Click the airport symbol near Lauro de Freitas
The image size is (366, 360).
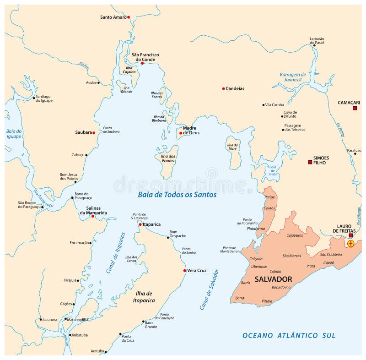[x=351, y=244]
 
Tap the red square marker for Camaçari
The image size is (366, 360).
[x=355, y=108]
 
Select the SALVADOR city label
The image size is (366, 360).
[x=273, y=279]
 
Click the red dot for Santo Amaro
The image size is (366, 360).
[x=129, y=17]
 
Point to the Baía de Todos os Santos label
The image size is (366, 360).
[x=177, y=195]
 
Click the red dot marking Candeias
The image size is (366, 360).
[x=223, y=88]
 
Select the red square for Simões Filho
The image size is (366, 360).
[x=310, y=162]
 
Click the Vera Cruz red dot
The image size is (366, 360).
[x=184, y=271]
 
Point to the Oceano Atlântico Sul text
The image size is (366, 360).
[x=289, y=336]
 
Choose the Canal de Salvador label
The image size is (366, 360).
[x=209, y=289]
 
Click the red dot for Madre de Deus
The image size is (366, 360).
[x=181, y=133]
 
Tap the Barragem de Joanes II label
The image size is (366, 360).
[x=292, y=76]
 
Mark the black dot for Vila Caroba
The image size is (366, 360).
[x=264, y=105]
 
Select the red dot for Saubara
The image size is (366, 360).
[x=94, y=133]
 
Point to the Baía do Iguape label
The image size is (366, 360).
[x=14, y=133]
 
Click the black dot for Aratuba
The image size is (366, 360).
[x=106, y=352]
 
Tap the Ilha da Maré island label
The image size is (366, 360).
[x=232, y=147]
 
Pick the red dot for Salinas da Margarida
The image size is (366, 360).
[x=93, y=216]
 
